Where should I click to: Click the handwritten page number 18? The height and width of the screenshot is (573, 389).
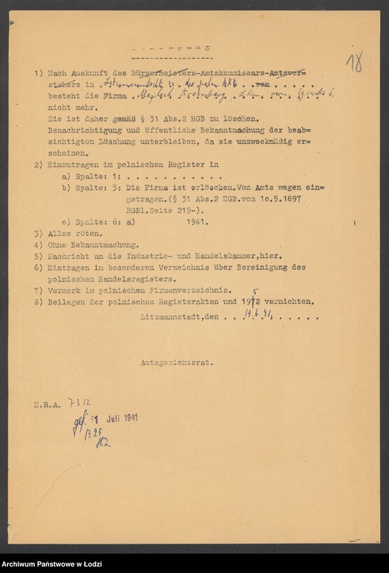click(x=354, y=63)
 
